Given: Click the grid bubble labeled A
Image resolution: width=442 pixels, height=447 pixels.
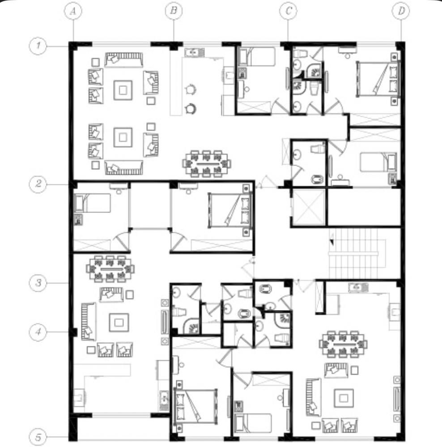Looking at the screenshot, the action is (x=73, y=11).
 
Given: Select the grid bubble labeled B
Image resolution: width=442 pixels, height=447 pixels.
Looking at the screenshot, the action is (x=174, y=11).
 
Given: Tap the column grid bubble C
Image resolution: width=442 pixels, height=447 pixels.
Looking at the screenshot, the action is (x=288, y=11).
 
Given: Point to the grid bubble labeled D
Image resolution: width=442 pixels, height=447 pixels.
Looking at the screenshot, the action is (x=401, y=11).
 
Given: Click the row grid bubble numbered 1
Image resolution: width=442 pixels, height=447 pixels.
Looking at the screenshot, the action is (x=38, y=46).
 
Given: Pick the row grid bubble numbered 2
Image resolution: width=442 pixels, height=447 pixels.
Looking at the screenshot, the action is (x=38, y=184).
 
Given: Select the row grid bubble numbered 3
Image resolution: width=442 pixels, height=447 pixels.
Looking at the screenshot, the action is (x=38, y=283).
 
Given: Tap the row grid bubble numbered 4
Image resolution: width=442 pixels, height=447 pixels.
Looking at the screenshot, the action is (x=38, y=332).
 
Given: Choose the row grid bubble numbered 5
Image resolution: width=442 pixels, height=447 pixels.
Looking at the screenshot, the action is (x=38, y=437).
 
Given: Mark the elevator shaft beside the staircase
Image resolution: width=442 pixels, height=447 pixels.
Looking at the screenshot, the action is (x=309, y=207).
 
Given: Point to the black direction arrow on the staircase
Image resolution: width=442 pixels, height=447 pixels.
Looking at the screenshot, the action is (x=331, y=242).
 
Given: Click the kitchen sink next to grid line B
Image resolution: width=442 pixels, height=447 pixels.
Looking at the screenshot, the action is (x=194, y=52).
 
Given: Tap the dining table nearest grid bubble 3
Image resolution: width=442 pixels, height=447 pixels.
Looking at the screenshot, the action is (x=110, y=269).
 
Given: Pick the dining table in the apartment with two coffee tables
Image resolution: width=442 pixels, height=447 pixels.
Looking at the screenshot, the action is (x=207, y=164).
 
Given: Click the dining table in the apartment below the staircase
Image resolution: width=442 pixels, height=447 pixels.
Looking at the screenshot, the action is (x=343, y=344).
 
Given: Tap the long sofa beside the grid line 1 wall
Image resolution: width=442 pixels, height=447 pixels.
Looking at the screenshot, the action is (x=123, y=60).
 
